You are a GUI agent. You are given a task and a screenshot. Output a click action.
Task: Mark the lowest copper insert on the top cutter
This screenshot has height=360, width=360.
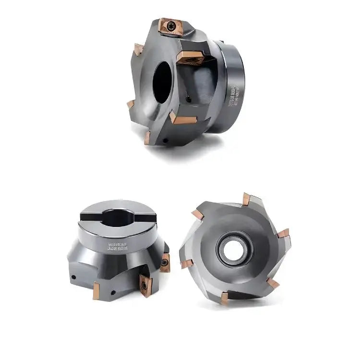pyautogui.click(x=148, y=138)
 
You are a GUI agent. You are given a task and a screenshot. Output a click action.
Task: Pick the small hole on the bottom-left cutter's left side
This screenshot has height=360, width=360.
pyautogui.click(x=75, y=277)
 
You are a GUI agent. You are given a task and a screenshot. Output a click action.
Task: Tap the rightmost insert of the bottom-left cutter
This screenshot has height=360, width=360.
pyautogui.click(x=165, y=263)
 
